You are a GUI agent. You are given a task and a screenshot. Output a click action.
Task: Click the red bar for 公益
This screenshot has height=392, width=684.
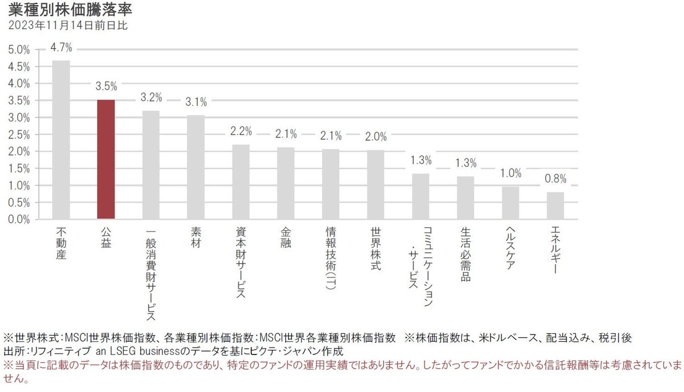[106, 160]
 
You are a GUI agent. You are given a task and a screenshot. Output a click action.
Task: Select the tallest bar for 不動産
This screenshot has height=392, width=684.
[61, 140]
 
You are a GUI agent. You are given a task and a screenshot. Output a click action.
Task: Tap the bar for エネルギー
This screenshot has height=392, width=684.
[555, 206]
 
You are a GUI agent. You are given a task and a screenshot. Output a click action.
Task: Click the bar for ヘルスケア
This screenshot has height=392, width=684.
[510, 203]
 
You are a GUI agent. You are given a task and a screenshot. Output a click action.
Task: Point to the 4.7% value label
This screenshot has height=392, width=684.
[61, 47]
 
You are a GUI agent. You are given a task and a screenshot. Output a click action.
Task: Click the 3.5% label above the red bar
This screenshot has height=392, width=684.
[106, 87]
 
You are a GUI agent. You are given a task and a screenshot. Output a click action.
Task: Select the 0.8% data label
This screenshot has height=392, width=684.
[555, 179]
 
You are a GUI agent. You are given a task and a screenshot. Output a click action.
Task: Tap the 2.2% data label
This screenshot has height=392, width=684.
[241, 132]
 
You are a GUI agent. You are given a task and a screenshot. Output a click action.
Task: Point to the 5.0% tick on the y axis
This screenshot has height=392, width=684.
[19, 50]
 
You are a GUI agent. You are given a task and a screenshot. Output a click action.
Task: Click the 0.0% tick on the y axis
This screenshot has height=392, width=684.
[19, 219]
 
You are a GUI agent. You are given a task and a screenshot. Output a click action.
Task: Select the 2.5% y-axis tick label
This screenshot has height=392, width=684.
[19, 134]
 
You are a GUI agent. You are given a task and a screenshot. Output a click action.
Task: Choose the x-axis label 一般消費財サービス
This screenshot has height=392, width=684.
[151, 273]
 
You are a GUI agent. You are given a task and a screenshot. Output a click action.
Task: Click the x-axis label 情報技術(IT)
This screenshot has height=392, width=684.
[331, 259]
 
